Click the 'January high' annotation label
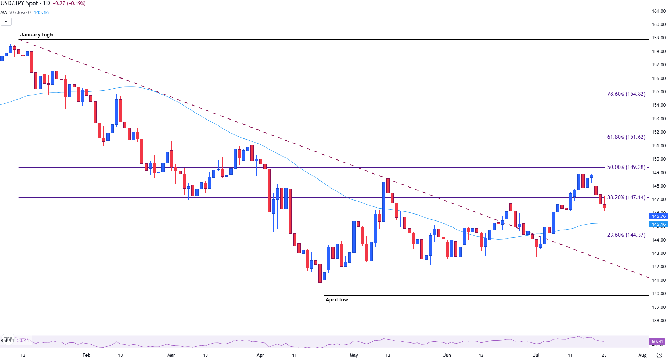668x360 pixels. click(x=36, y=35)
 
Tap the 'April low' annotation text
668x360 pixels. click(x=337, y=300)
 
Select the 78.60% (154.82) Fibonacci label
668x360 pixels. click(x=626, y=94)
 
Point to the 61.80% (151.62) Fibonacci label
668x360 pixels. click(x=626, y=137)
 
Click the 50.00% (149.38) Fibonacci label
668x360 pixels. click(x=626, y=167)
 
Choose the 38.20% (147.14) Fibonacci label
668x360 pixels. click(x=626, y=197)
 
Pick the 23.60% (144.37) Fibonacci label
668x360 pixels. click(x=626, y=235)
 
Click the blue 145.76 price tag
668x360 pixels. click(x=658, y=216)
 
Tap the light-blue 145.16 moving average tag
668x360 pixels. click(x=658, y=224)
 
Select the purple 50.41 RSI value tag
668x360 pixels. click(x=657, y=341)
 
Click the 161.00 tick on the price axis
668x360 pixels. click(x=659, y=11)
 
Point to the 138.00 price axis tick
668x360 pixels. click(x=659, y=320)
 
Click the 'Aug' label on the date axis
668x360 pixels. click(x=642, y=355)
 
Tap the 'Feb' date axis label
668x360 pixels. click(x=86, y=355)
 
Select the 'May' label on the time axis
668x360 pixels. click(x=354, y=355)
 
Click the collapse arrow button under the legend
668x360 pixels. click(x=6, y=22)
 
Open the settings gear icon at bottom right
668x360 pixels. click(x=659, y=355)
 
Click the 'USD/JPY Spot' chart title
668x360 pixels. click(x=19, y=4)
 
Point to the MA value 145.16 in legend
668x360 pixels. click(x=41, y=12)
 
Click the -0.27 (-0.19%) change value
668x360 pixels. click(x=69, y=4)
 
